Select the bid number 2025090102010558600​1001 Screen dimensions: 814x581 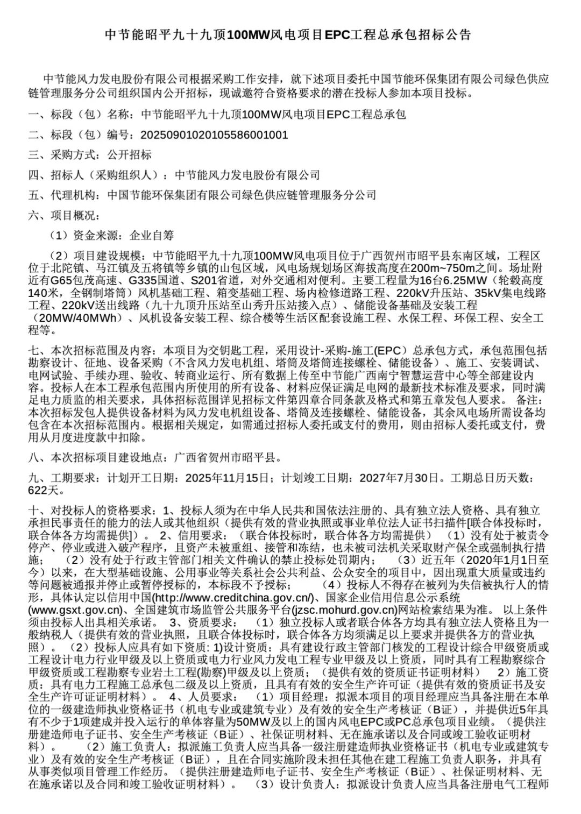[x=214, y=135]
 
